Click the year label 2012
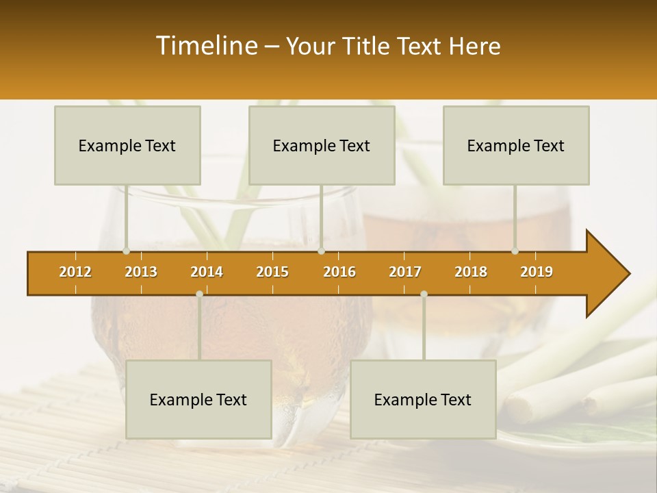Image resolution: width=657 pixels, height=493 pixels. (x=75, y=272)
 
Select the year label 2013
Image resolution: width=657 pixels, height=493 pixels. (x=141, y=272)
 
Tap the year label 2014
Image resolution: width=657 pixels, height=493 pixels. (x=207, y=272)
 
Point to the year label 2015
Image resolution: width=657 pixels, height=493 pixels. (x=272, y=272)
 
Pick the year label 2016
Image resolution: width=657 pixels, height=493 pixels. (x=339, y=272)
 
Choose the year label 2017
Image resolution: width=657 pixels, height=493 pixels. (x=405, y=272)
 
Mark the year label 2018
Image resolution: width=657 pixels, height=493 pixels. (x=471, y=272)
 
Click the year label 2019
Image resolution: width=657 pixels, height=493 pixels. (x=537, y=272)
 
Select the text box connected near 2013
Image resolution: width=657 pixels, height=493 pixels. (x=127, y=145)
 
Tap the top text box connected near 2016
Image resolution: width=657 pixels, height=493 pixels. (x=322, y=145)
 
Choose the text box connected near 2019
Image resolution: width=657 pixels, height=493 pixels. (x=516, y=145)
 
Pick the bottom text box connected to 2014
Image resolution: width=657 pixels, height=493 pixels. (x=198, y=399)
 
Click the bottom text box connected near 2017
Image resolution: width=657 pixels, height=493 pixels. (x=423, y=399)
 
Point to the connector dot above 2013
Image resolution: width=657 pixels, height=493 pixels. (x=126, y=251)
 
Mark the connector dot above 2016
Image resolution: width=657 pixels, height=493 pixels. (x=321, y=251)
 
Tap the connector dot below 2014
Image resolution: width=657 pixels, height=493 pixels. (x=199, y=294)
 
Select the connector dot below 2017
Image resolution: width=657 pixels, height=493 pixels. (x=424, y=294)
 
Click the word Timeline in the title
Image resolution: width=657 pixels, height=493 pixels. (x=206, y=46)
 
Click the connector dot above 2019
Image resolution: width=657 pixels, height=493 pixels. (x=515, y=251)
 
